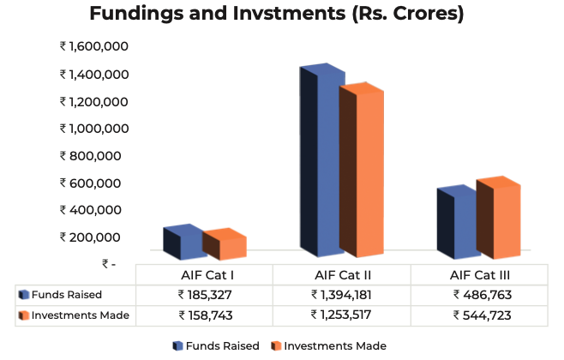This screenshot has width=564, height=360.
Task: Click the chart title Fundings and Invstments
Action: (282, 15)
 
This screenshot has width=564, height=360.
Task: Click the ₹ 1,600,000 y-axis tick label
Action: (94, 46)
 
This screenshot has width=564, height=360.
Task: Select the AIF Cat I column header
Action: (204, 275)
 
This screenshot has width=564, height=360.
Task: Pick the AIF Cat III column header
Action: (479, 275)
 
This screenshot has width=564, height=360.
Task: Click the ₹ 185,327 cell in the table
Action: (205, 295)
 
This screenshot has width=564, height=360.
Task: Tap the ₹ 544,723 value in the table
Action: (479, 315)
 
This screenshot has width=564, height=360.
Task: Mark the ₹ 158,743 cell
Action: (205, 315)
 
